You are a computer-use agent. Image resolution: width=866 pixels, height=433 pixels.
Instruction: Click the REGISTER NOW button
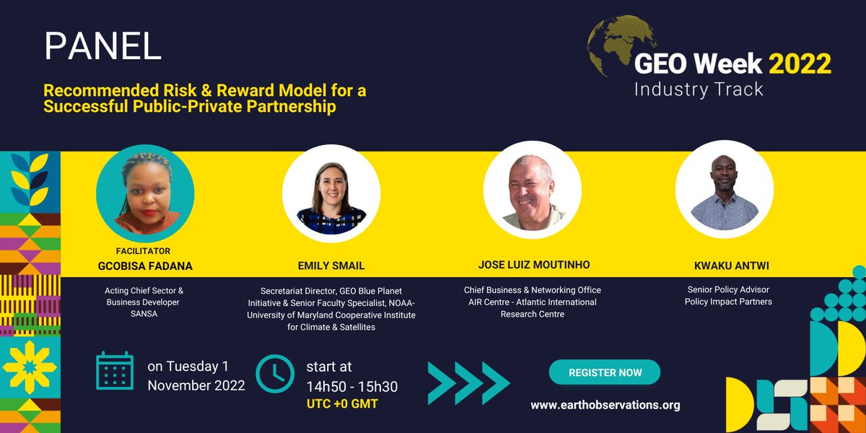tap(605, 372)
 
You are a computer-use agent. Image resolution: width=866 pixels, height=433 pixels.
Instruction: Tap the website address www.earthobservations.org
tap(605, 405)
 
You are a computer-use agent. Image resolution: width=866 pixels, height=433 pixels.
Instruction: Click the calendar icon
tap(115, 372)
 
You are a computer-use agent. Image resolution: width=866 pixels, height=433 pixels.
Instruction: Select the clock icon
tap(275, 374)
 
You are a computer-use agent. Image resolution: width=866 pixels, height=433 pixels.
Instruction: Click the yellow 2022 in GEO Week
tap(800, 64)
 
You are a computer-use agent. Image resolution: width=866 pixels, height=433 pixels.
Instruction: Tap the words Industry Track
tap(698, 89)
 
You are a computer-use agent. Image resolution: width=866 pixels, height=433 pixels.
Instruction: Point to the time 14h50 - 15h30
tap(351, 387)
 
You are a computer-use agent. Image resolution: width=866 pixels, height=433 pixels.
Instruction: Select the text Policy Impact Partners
tap(727, 302)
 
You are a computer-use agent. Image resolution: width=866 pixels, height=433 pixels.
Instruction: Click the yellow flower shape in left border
tap(30, 367)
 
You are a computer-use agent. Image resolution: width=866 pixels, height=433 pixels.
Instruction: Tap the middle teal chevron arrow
tap(468, 382)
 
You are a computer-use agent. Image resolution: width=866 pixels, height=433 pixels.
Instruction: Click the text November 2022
tap(196, 385)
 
